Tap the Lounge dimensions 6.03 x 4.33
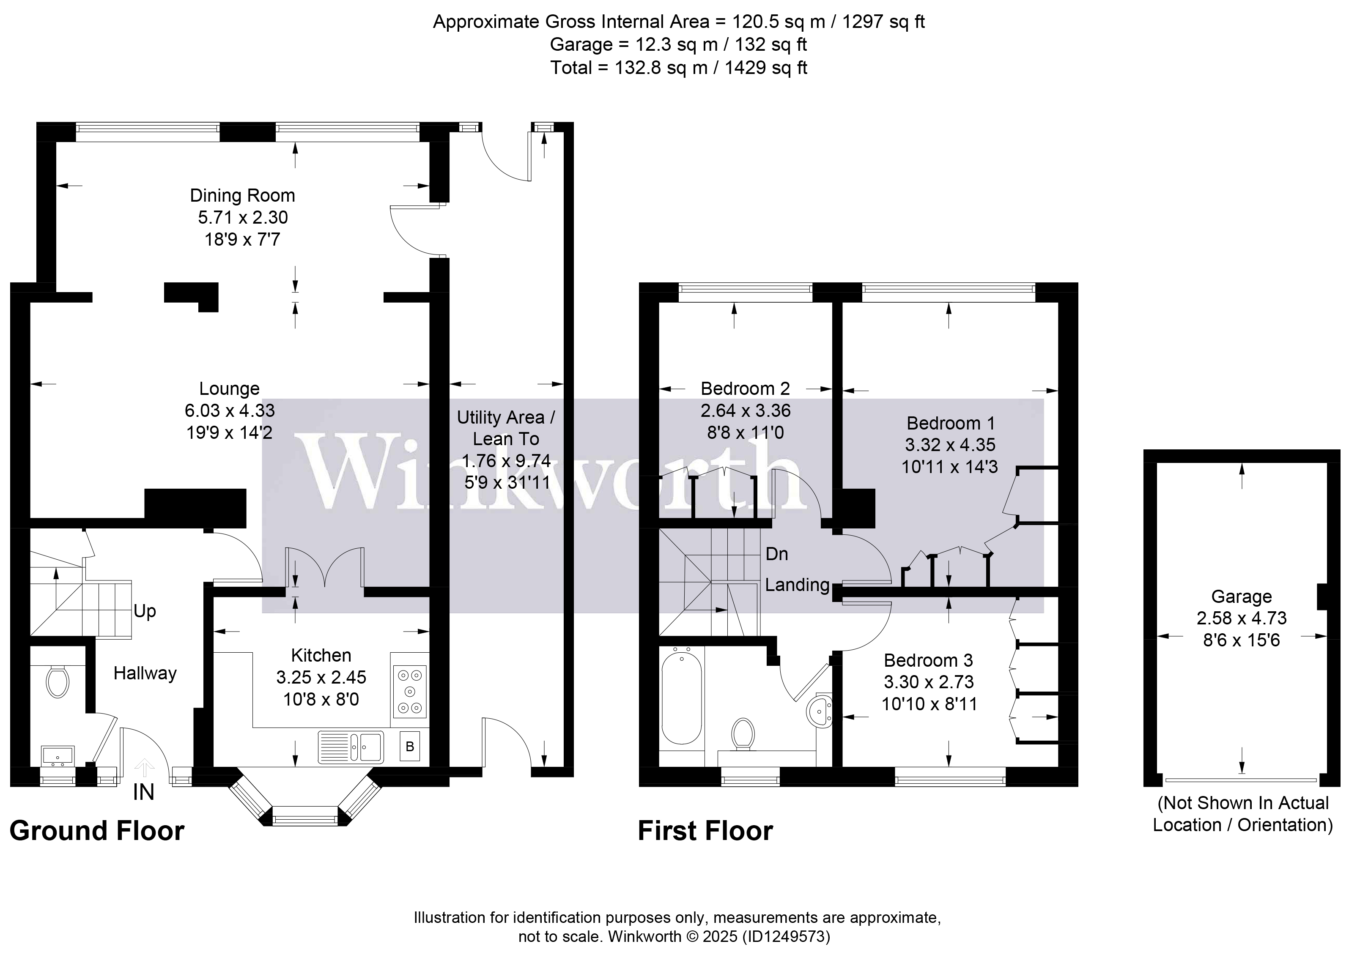point(230,410)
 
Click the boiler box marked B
point(410,746)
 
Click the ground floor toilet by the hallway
point(57,681)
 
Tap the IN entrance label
point(143,792)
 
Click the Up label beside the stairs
point(145,611)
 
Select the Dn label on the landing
point(777,554)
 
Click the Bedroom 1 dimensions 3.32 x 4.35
point(950,445)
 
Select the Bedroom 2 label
point(745,389)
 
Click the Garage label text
point(1241,596)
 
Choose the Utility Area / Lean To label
point(506,428)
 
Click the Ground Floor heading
point(97,831)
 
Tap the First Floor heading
point(705,831)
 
